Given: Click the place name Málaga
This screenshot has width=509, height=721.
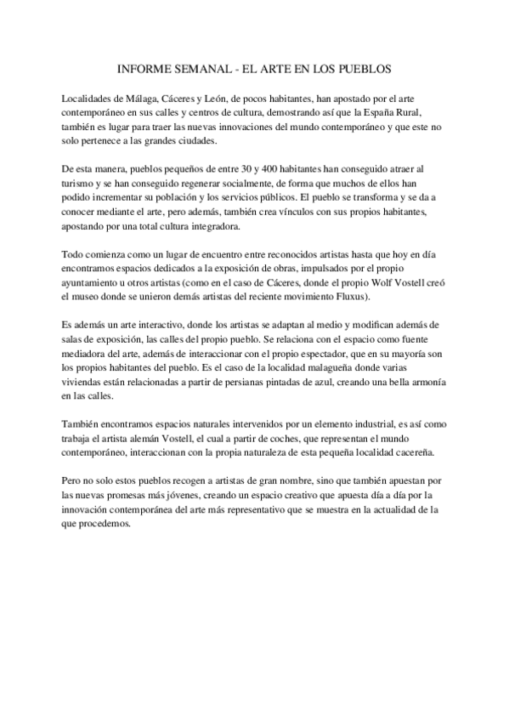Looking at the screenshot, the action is pyautogui.click(x=139, y=98).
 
